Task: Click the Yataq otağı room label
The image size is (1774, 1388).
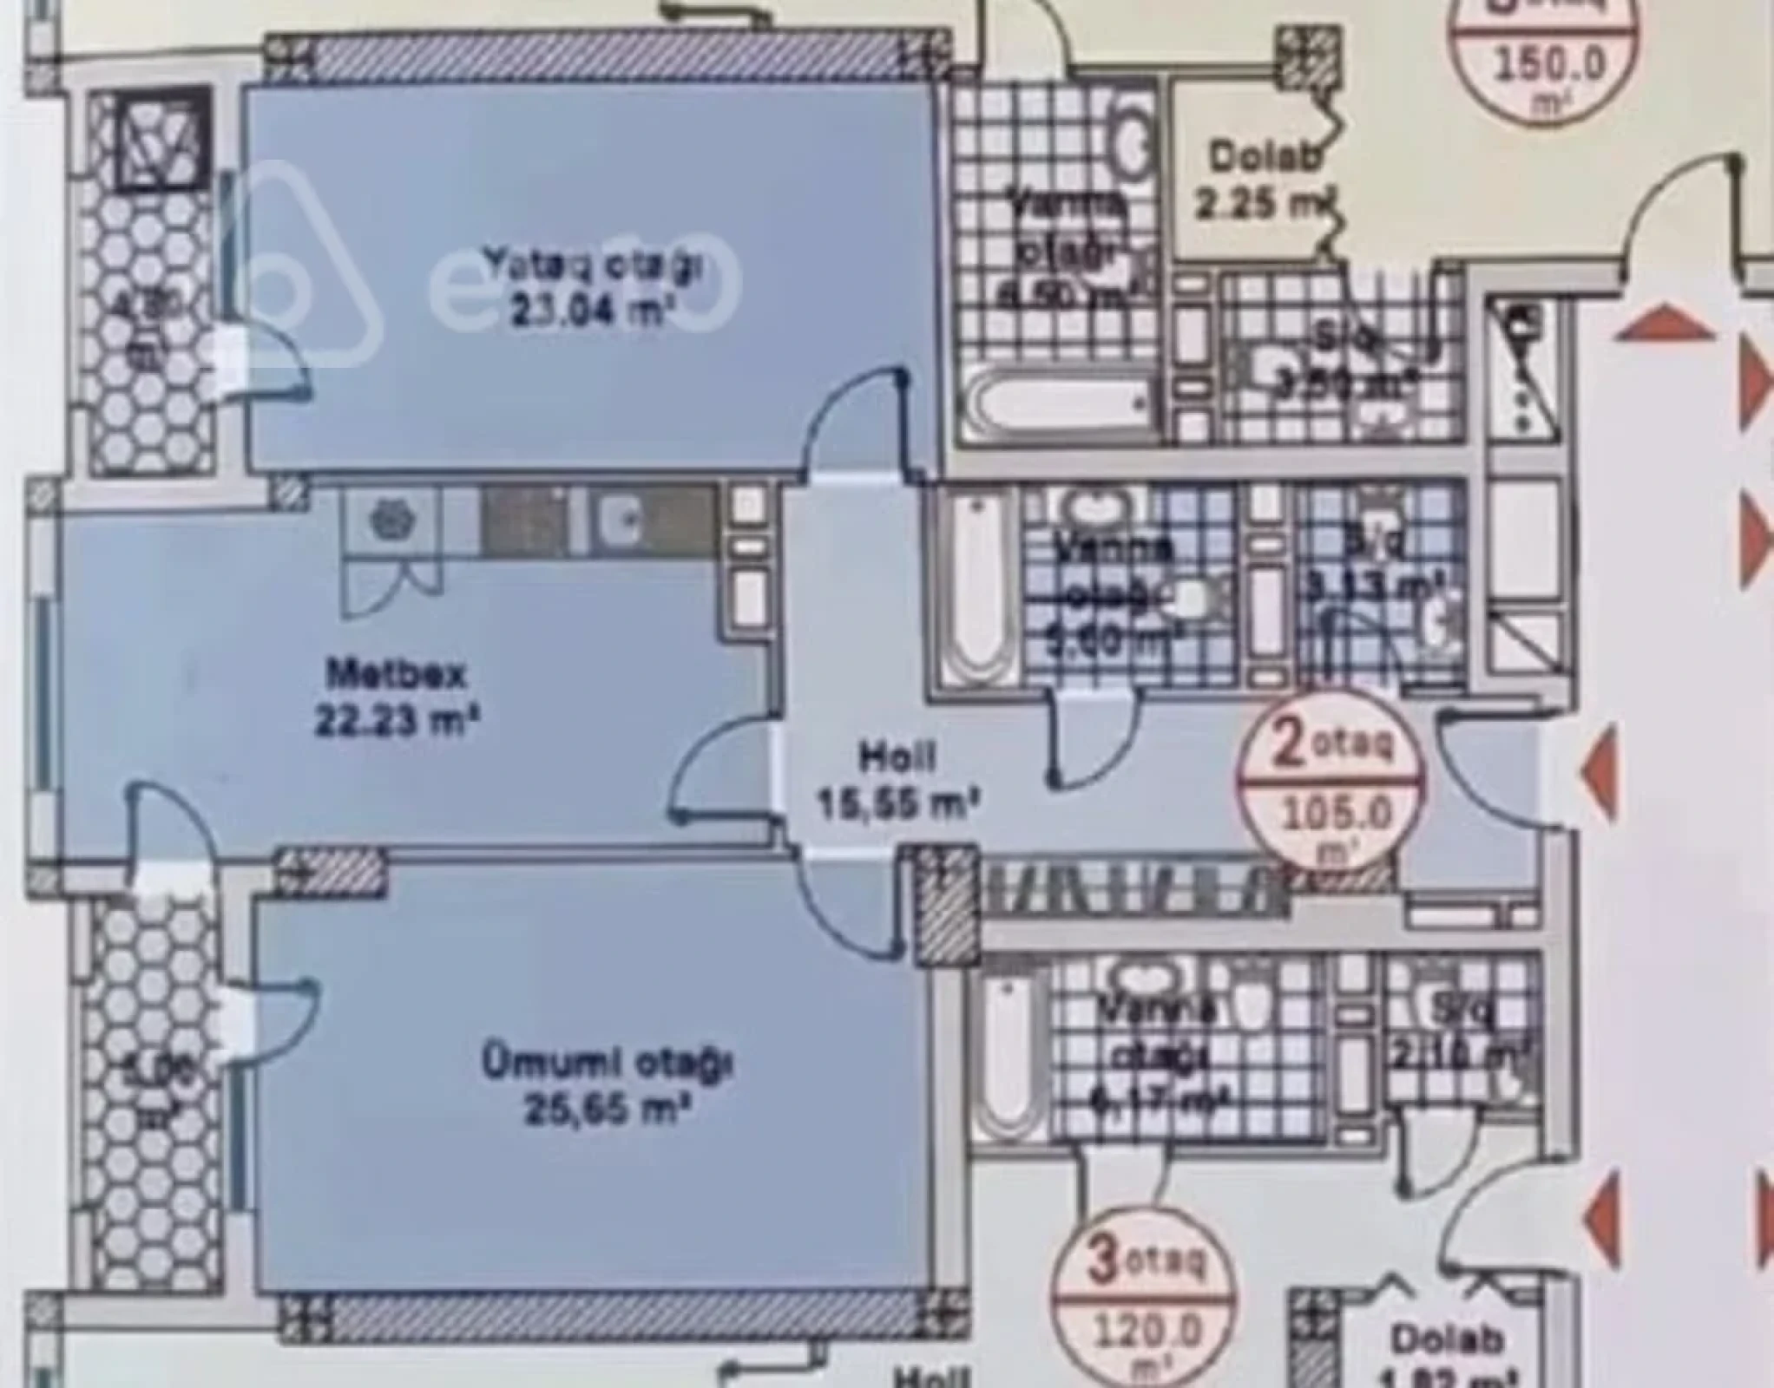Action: [x=592, y=265]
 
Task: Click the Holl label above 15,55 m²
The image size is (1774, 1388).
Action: [x=897, y=756]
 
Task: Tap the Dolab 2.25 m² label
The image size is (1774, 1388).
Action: [x=1263, y=182]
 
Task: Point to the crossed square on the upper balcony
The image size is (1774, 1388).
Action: [x=163, y=138]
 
